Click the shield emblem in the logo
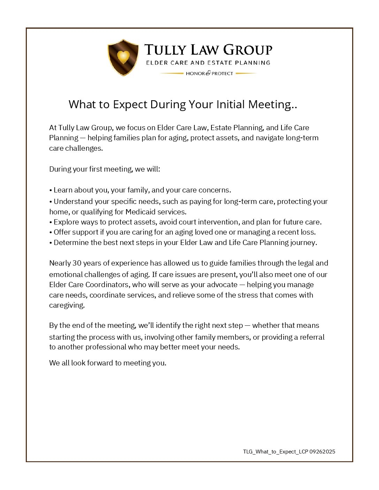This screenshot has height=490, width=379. tap(123, 57)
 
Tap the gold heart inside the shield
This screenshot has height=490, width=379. tap(123, 56)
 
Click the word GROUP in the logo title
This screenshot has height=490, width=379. tap(248, 50)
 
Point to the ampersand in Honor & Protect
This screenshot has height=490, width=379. tap(208, 73)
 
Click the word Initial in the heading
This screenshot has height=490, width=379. tap(231, 104)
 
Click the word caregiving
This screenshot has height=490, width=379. tap(67, 305)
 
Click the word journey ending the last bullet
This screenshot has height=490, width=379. tap(303, 243)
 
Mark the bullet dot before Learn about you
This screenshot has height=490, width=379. tap(51, 190)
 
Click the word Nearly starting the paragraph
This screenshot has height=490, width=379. tap(60, 263)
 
